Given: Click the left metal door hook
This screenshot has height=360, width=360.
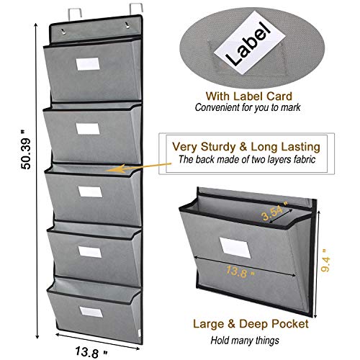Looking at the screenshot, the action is pos(74,12).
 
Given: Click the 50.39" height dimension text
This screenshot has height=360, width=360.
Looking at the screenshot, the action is pos(26,150).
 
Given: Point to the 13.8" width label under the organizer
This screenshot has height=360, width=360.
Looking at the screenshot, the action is pos(91,352).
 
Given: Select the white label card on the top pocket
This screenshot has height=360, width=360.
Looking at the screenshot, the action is pos(88,64).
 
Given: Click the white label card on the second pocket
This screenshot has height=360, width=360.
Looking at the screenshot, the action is pos(88,129).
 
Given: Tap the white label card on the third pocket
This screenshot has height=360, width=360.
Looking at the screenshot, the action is pos(90,192).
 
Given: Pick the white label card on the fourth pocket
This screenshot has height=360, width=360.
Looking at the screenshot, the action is pos(90,252).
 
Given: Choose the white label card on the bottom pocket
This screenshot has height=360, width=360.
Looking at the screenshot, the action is pos(91,312).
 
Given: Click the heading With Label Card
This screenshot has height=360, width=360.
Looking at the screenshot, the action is pos(249,96).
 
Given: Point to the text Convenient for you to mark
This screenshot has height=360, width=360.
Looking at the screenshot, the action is pos(248,107).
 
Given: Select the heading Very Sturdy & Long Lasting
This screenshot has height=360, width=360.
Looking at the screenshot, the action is pos(246,147).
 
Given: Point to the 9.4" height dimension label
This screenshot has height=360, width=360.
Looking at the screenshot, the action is pos(325,260).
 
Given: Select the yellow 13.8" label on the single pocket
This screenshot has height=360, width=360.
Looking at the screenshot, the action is pos(240,271).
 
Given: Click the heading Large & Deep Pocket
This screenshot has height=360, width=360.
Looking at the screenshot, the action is pos(251,324).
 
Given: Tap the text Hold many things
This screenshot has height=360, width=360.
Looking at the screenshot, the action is pos(245,341).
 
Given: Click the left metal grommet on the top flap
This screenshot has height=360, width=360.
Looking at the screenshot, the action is pos(63,31).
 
